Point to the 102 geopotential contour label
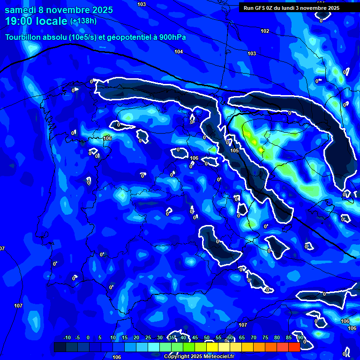pos(265,31)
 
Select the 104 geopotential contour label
pos(179,52)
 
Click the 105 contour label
pos(234,150)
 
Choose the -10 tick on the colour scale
pos(67,338)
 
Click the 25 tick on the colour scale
pos(148,338)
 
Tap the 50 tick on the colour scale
pos(207,338)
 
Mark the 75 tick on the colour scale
pos(265,338)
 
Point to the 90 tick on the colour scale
pos(300,338)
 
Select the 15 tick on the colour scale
pos(125,338)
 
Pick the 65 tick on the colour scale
pos(242,338)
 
